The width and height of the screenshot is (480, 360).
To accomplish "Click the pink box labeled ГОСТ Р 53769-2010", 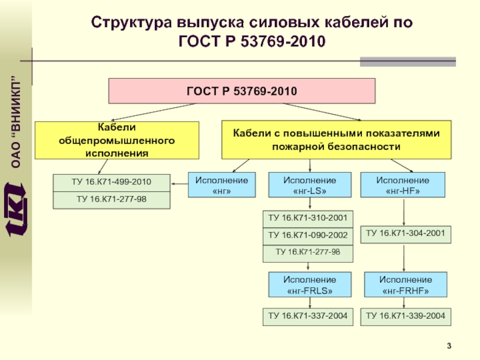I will pos(241,91).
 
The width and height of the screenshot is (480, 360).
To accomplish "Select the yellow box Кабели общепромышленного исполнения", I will pos(117,139).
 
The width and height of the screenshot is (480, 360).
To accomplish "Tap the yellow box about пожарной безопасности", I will pos(336,139).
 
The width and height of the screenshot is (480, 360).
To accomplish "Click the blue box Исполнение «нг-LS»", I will pos(309,185).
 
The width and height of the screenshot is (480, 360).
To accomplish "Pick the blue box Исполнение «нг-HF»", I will pos(403,185).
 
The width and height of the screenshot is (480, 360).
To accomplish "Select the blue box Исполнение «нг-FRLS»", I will pos(309,285).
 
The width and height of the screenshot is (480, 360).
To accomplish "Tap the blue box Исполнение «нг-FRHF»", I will pos(406,285).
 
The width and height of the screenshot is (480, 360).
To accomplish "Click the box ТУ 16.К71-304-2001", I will pos(406,234).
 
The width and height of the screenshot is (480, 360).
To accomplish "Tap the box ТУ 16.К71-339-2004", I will pos(406,316).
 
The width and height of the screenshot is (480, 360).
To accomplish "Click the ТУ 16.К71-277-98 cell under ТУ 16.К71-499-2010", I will pos(112,199).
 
